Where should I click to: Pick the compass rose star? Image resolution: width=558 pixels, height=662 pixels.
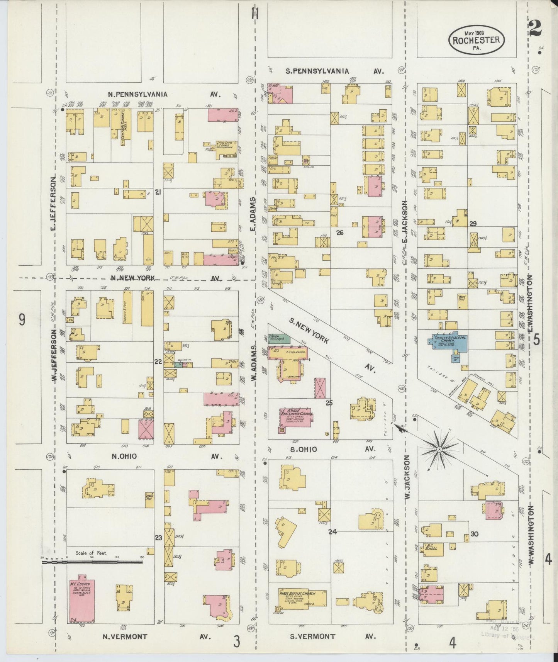[439, 449]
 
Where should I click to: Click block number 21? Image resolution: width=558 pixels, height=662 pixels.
[158, 192]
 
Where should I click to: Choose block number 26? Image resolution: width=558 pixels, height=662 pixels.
[339, 233]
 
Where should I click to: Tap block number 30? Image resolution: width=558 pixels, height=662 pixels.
[475, 534]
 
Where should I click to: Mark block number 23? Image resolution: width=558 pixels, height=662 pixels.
[158, 537]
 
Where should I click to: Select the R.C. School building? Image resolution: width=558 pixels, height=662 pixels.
[431, 548]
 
